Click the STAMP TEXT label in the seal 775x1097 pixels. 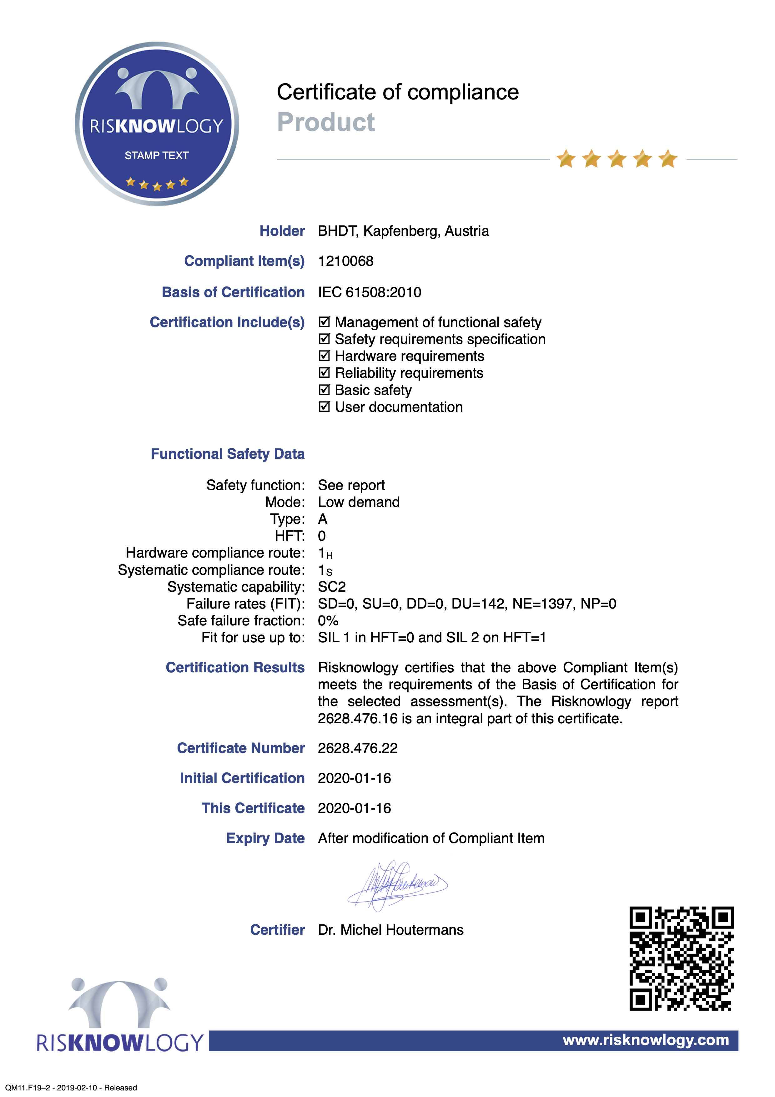tap(157, 155)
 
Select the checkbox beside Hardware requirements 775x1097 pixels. tap(324, 356)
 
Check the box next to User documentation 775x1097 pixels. tap(324, 407)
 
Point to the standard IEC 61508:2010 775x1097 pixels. tap(370, 292)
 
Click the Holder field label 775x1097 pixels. tap(282, 231)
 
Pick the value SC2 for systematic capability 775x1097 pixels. tap(332, 587)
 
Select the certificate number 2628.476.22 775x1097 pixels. tap(358, 748)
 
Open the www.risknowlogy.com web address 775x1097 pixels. tap(646, 1040)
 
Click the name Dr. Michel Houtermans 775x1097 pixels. tap(390, 930)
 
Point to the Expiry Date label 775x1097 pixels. tap(265, 838)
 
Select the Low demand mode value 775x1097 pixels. tap(359, 502)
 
